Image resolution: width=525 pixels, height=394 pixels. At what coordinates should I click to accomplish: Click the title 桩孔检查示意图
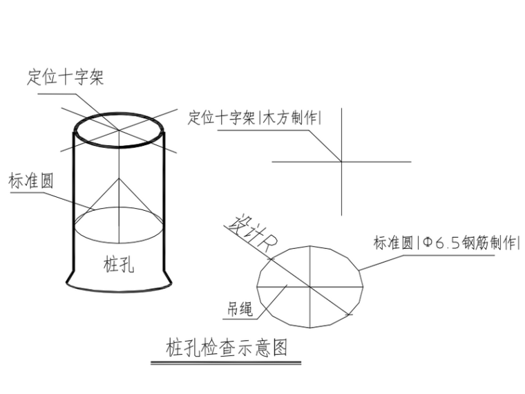(227, 346)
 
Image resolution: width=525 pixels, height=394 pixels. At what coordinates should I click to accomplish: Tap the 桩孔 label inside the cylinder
(119, 263)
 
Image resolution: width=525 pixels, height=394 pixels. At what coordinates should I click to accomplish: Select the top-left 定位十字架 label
(66, 76)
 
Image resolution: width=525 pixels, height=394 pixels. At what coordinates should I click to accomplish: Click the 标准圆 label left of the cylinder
(31, 181)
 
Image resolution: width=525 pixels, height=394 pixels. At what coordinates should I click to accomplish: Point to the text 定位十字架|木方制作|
(255, 118)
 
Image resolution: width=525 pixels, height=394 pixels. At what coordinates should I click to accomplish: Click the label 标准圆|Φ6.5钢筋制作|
(446, 243)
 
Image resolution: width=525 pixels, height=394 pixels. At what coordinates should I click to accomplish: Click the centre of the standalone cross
(341, 162)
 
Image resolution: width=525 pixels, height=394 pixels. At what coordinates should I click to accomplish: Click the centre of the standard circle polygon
(309, 285)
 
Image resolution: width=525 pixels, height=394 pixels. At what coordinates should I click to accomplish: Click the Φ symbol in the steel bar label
(427, 243)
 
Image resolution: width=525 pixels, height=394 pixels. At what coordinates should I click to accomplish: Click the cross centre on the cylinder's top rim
(120, 130)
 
